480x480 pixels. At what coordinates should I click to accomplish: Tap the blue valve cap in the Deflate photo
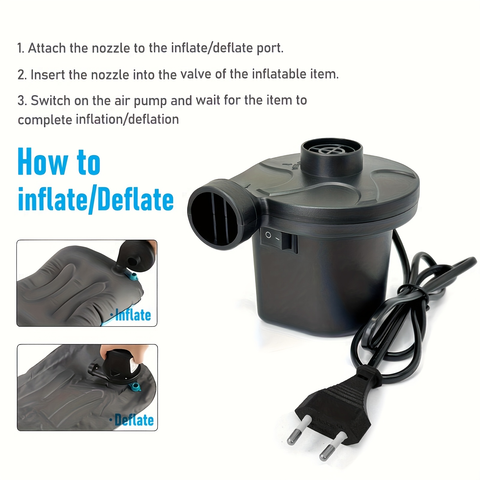click(135, 387)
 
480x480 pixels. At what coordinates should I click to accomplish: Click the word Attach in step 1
click(47, 48)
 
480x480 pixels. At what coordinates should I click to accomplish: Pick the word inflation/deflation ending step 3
click(127, 119)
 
